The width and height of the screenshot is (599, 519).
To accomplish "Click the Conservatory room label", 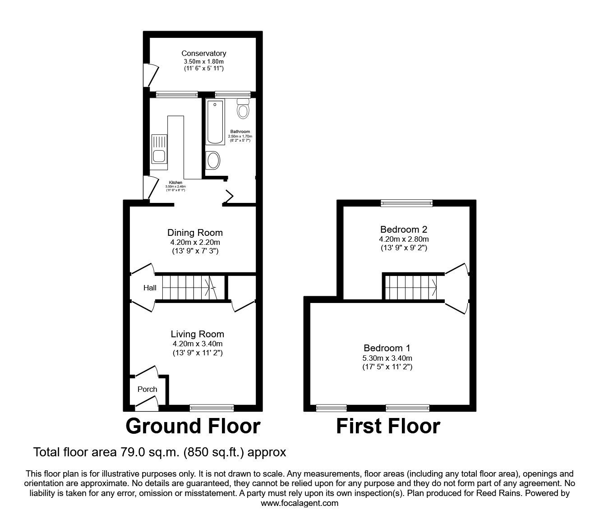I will coord(203,53).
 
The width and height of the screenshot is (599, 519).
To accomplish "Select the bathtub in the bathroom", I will coord(215,122).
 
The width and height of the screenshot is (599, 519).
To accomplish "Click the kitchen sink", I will coord(159,149).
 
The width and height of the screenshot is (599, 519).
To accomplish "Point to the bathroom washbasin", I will coord(212,160).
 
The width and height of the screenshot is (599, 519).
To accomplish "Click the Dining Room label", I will coord(195,233).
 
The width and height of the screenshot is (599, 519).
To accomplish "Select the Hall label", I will coord(150,288).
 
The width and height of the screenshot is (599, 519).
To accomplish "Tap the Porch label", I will coord(147,389).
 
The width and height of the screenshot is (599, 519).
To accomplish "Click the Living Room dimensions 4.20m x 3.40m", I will coord(197,344).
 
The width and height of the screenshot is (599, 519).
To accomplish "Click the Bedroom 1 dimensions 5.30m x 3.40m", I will coord(388,358).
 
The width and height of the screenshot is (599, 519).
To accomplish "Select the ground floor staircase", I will coord(189,287).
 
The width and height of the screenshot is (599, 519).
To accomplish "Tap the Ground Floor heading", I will coord(193,426).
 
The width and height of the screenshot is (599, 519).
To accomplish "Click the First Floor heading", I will coord(388,426).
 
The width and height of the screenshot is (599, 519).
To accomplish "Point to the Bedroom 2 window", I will coord(406,203).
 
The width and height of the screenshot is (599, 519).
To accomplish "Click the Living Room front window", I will coord(212,408).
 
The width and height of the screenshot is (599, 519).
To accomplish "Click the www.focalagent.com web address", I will coord(299,503).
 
